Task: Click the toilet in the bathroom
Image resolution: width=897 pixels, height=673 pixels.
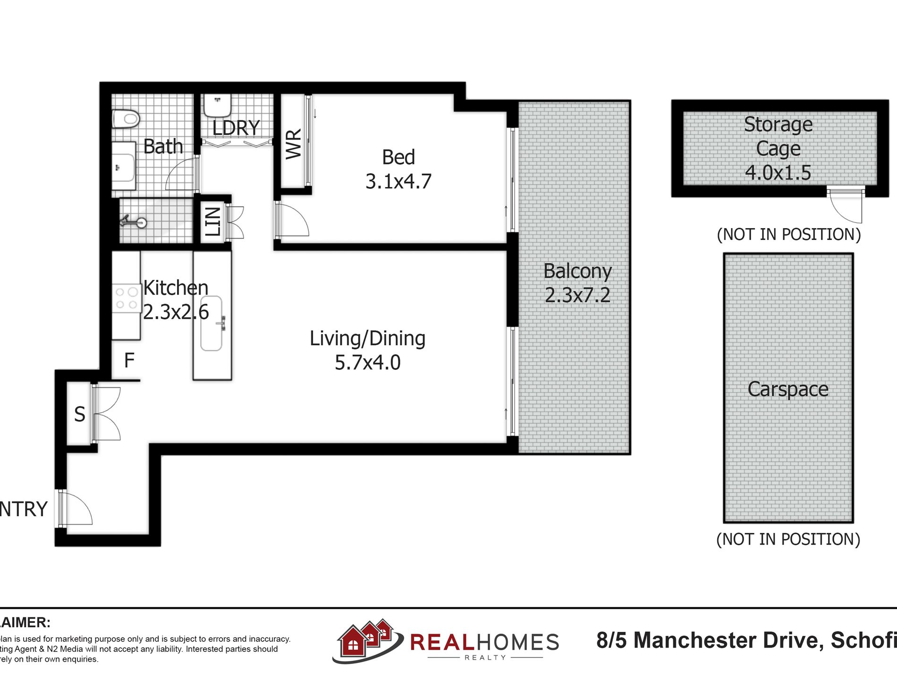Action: pos(126,119)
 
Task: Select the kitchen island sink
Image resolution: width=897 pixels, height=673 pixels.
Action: pos(212,324)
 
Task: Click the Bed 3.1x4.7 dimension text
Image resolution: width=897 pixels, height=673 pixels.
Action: pos(398,181)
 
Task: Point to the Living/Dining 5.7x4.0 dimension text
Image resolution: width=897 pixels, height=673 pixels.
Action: pos(367,363)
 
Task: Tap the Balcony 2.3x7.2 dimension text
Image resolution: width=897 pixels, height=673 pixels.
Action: pos(577,295)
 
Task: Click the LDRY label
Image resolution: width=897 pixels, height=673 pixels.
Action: pos(236,128)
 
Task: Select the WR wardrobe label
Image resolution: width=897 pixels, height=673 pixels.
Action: pos(294,144)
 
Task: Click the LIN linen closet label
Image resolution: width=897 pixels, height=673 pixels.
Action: pos(213,221)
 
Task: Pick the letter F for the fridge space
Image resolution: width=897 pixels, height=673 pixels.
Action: pos(129,361)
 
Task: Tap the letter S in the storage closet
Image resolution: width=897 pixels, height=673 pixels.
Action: pos(80,415)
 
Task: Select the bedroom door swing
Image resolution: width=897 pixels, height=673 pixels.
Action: pos(294,220)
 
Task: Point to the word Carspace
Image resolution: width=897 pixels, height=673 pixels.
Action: pos(788,389)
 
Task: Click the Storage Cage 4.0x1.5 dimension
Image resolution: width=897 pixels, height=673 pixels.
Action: pos(778,172)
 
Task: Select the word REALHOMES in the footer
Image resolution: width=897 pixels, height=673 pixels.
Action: pos(484,642)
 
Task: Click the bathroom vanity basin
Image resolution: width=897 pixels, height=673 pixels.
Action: pos(123,168)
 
